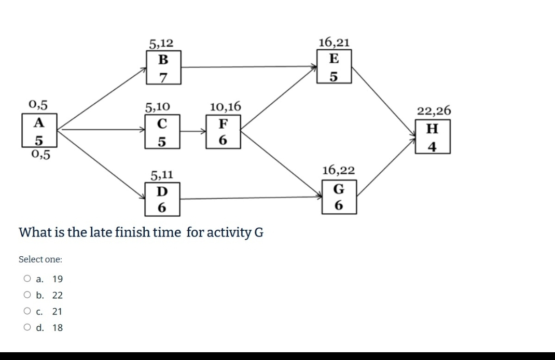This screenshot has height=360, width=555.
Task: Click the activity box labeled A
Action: tap(39, 132)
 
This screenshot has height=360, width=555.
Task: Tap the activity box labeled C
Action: tap(162, 132)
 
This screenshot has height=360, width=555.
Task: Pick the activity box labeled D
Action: tap(162, 199)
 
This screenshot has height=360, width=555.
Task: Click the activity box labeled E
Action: tap(334, 66)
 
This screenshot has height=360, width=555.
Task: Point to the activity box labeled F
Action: tap(223, 132)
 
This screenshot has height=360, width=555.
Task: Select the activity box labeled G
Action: tap(338, 196)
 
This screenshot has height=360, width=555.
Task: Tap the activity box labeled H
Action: tap(433, 136)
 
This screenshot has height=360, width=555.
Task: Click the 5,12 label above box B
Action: tap(161, 43)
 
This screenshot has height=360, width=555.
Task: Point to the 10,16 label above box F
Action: tap(225, 106)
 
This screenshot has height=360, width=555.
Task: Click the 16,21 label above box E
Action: tap(334, 42)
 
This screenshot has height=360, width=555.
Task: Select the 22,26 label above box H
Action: tap(434, 110)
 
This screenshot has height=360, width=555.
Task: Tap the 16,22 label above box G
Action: tap(338, 170)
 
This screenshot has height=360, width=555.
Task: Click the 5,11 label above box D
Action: tap(162, 175)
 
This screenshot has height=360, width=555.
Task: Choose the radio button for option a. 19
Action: tap(27, 279)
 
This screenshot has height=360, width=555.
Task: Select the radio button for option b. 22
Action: tap(27, 295)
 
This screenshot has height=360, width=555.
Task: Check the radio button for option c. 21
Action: tap(27, 311)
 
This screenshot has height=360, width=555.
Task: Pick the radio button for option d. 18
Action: tap(27, 327)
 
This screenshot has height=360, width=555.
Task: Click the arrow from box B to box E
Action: tap(249, 66)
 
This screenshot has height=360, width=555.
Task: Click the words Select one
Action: tap(40, 259)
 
